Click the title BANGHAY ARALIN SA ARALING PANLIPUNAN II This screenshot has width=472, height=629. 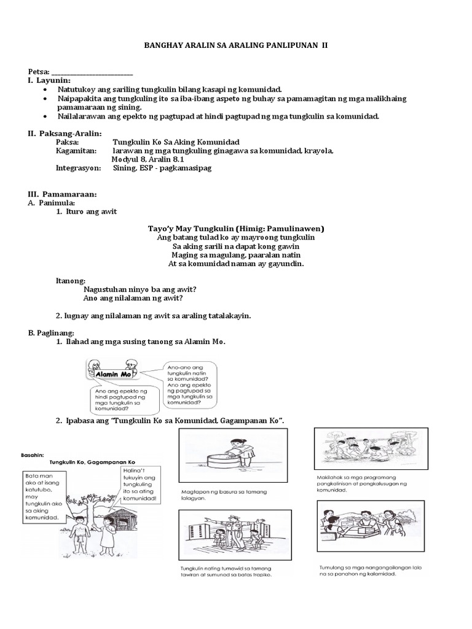pyautogui.click(x=236, y=45)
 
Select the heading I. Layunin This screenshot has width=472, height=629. pyautogui.click(x=49, y=80)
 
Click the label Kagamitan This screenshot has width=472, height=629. pyautogui.click(x=76, y=150)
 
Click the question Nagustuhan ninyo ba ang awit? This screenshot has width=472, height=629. pyautogui.click(x=143, y=289)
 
